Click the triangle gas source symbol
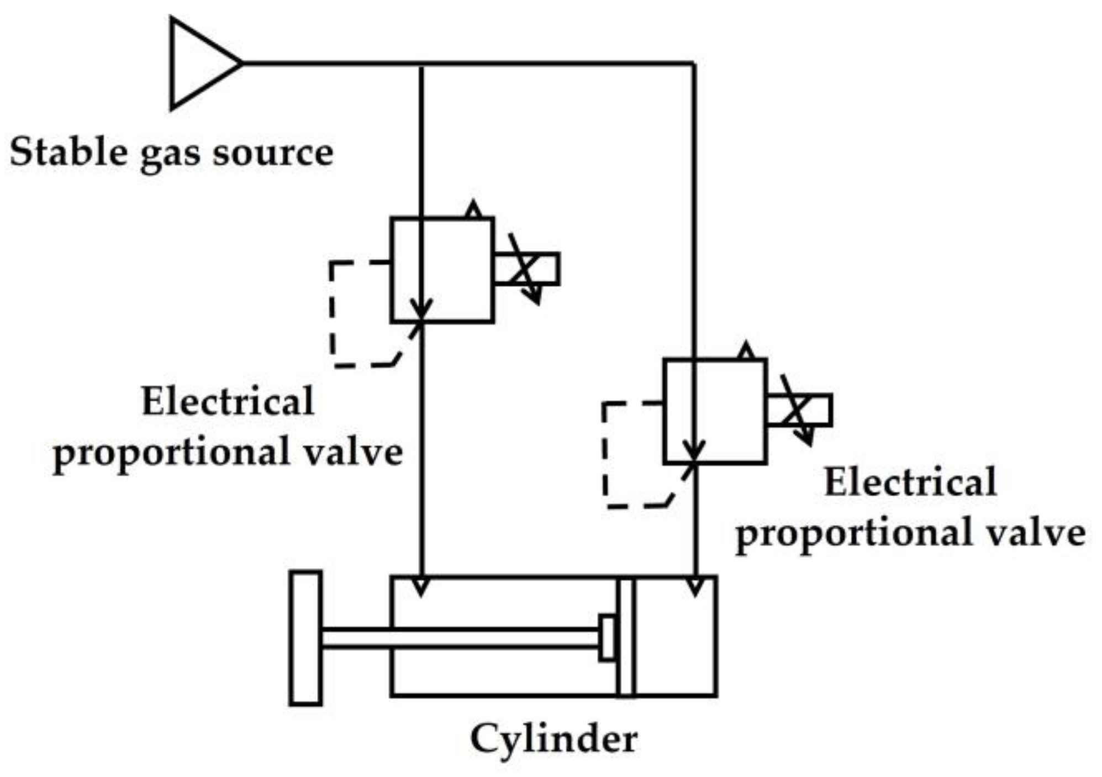[199, 63]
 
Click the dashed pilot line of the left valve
[332, 315]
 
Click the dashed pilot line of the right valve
[605, 456]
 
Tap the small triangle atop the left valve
[473, 211]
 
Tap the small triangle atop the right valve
[746, 351]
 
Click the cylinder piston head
[626, 636]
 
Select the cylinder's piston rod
[458, 637]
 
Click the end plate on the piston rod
[305, 638]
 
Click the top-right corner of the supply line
[693, 64]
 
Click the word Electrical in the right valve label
[910, 482]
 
